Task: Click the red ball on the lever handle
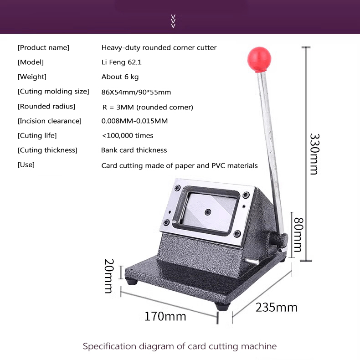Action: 259,58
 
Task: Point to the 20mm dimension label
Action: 108,276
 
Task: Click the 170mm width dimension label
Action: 165,316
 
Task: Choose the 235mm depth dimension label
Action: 276,307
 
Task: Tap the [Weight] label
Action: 32,77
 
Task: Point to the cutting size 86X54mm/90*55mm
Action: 136,92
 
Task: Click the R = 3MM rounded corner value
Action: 148,107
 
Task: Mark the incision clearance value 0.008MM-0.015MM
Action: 134,121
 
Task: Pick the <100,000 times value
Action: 127,135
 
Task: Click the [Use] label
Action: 26,165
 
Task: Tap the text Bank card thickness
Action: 134,150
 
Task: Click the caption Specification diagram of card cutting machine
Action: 180,346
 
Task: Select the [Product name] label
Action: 43,47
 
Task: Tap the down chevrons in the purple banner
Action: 173,21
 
